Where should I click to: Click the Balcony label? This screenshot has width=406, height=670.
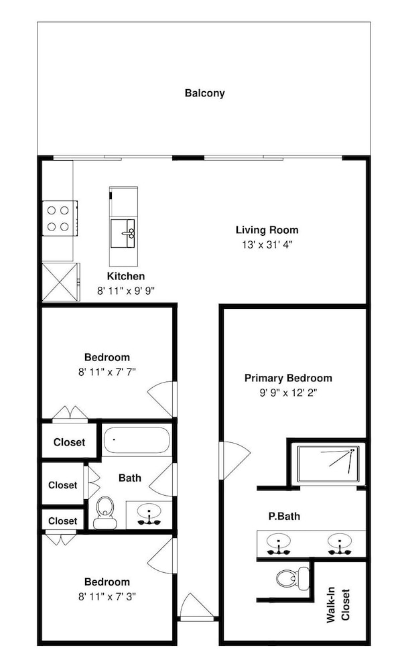click(x=205, y=92)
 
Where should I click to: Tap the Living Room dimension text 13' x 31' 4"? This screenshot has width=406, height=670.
click(x=267, y=245)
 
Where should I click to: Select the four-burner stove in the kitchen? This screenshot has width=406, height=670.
click(x=60, y=218)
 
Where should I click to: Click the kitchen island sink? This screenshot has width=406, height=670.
click(x=123, y=233)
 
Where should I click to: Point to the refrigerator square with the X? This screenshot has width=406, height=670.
click(x=60, y=282)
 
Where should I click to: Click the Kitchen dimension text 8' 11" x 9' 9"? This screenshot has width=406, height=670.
click(x=126, y=291)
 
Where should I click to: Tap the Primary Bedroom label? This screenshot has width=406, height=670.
click(x=288, y=378)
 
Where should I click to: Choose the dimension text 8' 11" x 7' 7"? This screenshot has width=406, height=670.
click(x=107, y=372)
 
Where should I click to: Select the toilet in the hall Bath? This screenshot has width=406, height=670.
click(x=105, y=512)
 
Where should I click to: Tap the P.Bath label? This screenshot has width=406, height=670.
click(x=284, y=516)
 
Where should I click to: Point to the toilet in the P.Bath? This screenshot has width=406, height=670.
click(x=293, y=578)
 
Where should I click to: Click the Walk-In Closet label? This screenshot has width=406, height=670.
click(x=338, y=606)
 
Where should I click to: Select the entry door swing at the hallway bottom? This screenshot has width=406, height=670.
click(x=196, y=606)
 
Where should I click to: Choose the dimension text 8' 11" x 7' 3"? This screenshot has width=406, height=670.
click(x=107, y=596)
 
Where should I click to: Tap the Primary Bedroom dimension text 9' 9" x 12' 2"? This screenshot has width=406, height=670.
click(x=288, y=393)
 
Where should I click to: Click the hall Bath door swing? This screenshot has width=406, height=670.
click(x=161, y=480)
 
